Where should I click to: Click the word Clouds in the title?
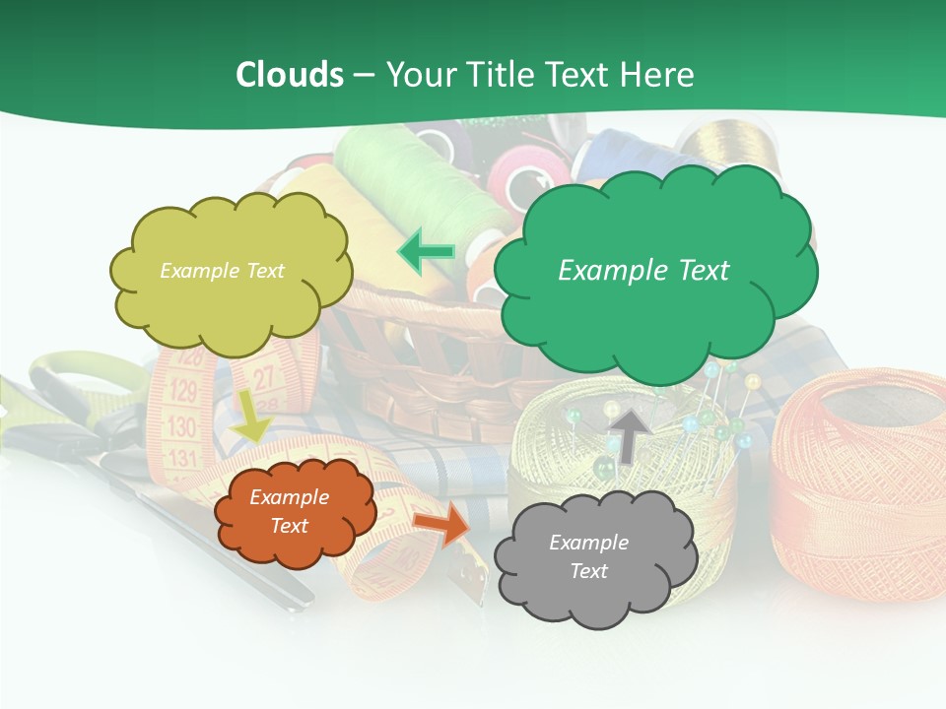click(290, 74)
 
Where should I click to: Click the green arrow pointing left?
click(427, 252)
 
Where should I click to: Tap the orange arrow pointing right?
click(442, 524)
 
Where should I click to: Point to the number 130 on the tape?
click(181, 427)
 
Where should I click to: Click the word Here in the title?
click(659, 74)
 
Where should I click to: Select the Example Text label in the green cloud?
click(643, 271)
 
